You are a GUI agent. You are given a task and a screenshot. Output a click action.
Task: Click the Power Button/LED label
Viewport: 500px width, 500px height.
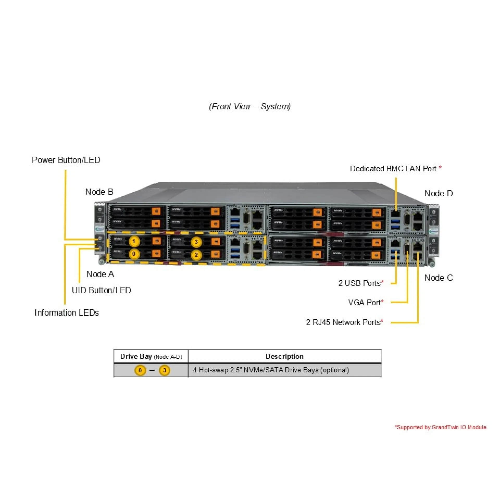pyautogui.click(x=66, y=160)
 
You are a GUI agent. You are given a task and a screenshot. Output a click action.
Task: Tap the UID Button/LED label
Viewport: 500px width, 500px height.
pyautogui.click(x=101, y=290)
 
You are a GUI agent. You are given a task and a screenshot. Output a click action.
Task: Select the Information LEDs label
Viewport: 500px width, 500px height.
pyautogui.click(x=67, y=312)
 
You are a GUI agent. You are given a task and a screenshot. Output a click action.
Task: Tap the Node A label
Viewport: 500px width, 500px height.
pyautogui.click(x=100, y=274)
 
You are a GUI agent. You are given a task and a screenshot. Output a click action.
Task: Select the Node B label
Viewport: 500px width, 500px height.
pyautogui.click(x=99, y=192)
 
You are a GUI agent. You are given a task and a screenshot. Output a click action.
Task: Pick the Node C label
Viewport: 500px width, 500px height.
pyautogui.click(x=439, y=278)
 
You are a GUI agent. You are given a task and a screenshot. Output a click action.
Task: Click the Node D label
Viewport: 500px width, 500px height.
pyautogui.click(x=439, y=193)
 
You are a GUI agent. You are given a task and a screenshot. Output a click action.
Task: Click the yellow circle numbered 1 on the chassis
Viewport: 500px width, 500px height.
pyautogui.click(x=134, y=241)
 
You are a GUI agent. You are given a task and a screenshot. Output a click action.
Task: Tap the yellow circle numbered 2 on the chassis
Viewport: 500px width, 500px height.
pyautogui.click(x=196, y=255)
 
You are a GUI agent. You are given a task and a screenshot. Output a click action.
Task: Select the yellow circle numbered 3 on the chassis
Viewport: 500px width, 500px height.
pyautogui.click(x=196, y=242)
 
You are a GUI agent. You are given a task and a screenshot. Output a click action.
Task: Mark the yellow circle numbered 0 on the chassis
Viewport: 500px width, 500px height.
pyautogui.click(x=134, y=254)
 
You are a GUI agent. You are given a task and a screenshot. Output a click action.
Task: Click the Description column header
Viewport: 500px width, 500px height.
pyautogui.click(x=284, y=356)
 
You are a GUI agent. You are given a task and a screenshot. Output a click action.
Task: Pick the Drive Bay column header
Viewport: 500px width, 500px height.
pyautogui.click(x=151, y=357)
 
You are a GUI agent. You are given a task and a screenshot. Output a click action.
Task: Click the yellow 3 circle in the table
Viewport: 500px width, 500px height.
pyautogui.click(x=164, y=370)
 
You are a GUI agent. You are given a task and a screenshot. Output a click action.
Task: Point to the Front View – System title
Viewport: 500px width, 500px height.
pyautogui.click(x=250, y=107)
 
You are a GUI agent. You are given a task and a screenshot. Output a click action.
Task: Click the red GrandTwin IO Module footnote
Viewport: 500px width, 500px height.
pyautogui.click(x=440, y=427)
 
